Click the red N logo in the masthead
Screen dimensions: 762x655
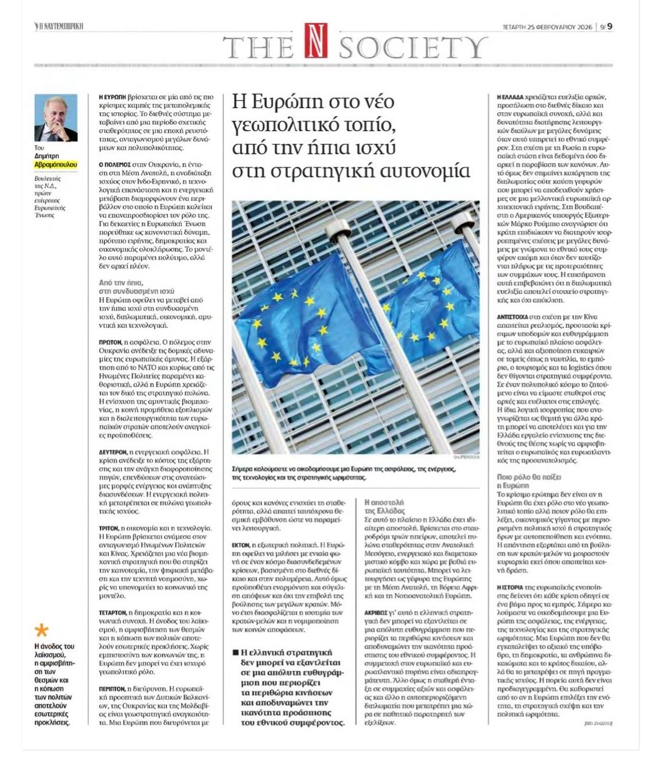(x=315, y=41)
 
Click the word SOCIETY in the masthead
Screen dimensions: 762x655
(x=413, y=47)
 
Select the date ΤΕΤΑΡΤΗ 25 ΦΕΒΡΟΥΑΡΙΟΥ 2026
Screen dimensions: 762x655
(x=548, y=26)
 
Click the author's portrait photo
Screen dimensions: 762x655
(x=56, y=118)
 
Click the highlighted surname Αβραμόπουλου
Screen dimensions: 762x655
(x=56, y=164)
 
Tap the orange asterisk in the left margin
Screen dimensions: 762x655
(x=41, y=631)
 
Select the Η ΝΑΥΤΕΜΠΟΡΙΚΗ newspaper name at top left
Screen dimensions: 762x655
(x=59, y=26)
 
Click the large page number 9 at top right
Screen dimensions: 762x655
(x=610, y=26)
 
